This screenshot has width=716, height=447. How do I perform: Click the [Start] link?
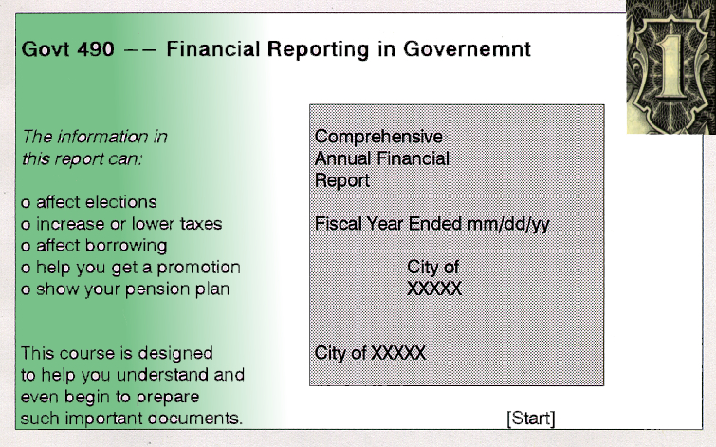pyautogui.click(x=531, y=419)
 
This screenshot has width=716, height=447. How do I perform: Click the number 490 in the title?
pyautogui.click(x=96, y=49)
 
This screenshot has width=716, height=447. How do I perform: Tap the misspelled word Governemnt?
pyautogui.click(x=467, y=49)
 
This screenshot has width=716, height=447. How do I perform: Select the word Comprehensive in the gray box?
pyautogui.click(x=378, y=137)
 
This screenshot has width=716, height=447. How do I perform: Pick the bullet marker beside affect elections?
pyautogui.click(x=26, y=203)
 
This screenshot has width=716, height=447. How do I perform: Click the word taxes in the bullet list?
pyautogui.click(x=201, y=224)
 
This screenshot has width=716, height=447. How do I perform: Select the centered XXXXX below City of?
pyautogui.click(x=433, y=289)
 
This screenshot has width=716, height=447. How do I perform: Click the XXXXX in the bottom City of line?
pyautogui.click(x=397, y=353)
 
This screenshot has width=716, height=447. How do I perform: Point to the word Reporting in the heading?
pyautogui.click(x=318, y=49)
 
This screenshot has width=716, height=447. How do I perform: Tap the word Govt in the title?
pyautogui.click(x=45, y=49)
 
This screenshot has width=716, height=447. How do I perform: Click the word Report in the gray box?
pyautogui.click(x=342, y=180)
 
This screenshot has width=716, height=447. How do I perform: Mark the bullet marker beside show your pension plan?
pyautogui.click(x=26, y=290)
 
